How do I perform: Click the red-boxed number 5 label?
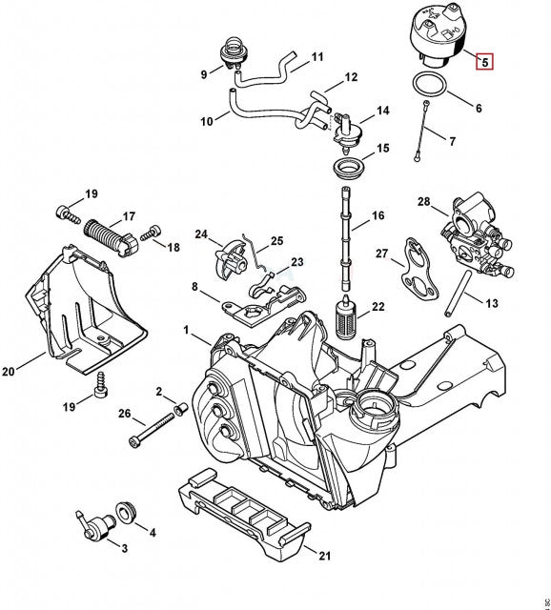(x=484, y=61)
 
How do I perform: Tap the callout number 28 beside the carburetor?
(x=424, y=201)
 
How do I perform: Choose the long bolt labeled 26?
(x=152, y=430)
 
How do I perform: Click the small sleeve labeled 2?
(x=181, y=409)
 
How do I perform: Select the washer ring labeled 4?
(x=126, y=513)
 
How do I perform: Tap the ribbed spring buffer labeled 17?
(x=111, y=238)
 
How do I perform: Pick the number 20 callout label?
(x=9, y=371)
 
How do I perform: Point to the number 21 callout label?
(x=324, y=556)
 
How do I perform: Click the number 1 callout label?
(x=187, y=331)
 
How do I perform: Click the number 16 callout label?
(x=378, y=215)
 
